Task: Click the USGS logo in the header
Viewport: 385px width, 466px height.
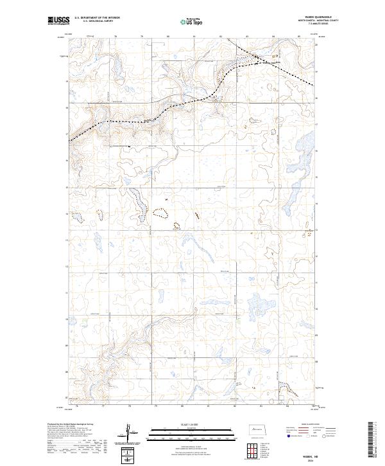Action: point(59,21)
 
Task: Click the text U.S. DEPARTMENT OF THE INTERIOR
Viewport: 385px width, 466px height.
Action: point(97,18)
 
